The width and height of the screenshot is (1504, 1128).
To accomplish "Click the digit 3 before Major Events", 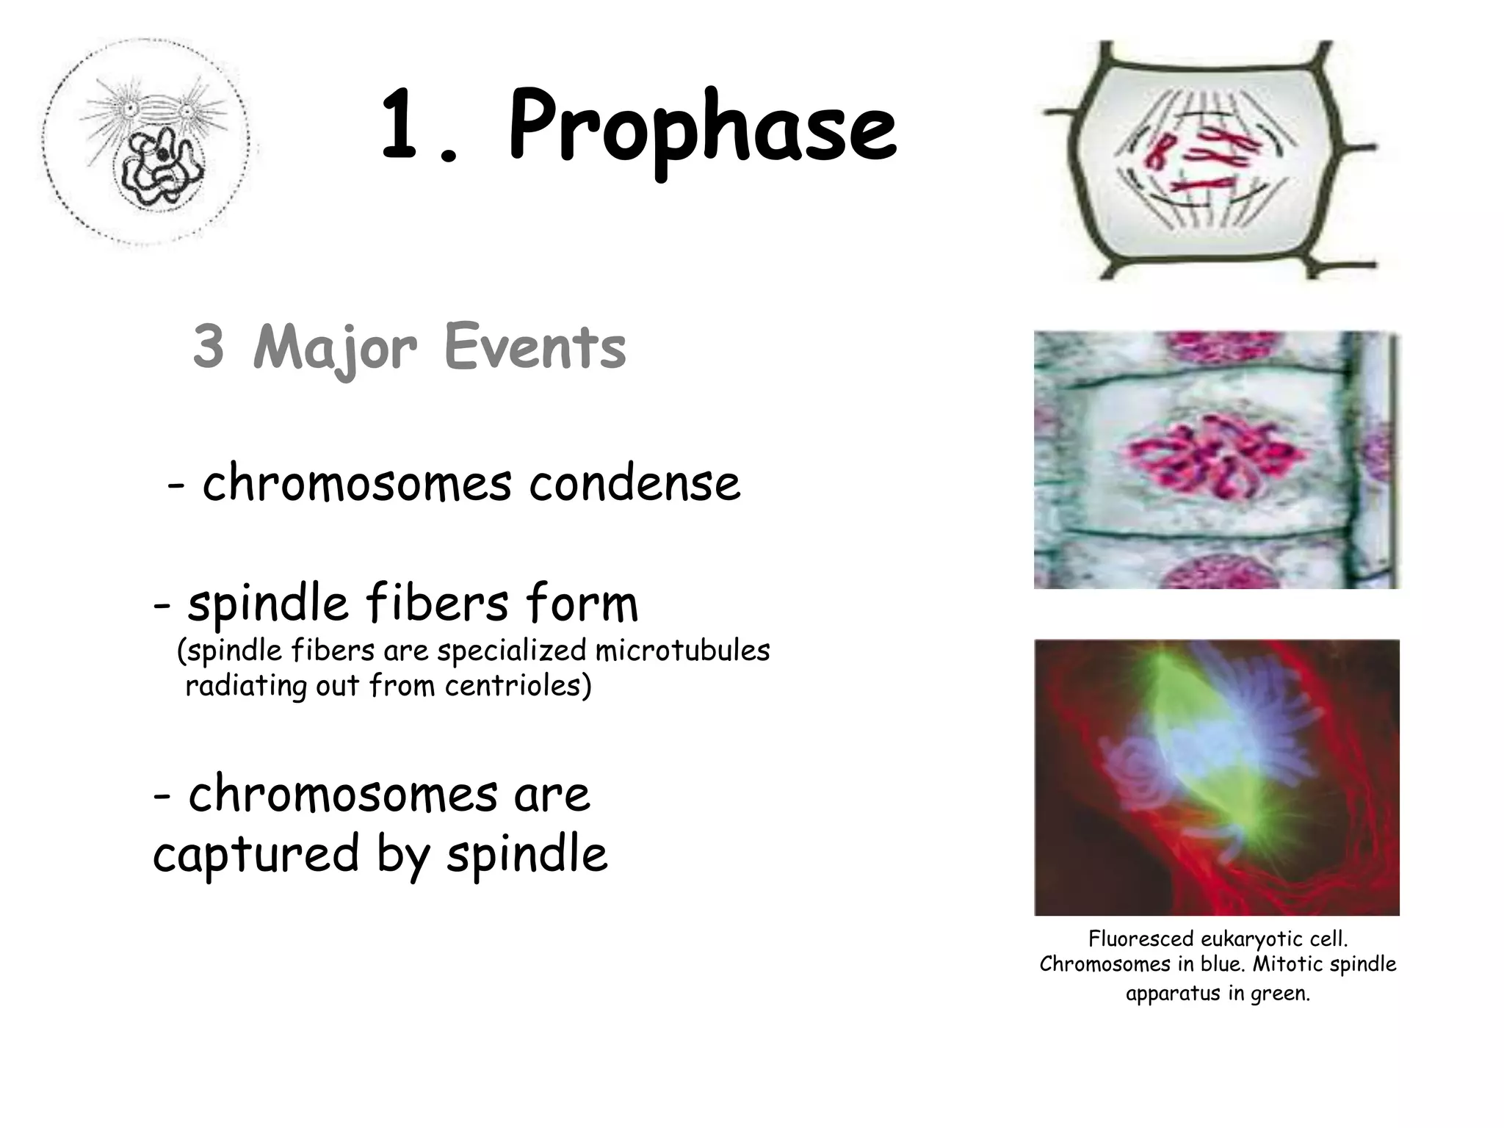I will pos(209,347).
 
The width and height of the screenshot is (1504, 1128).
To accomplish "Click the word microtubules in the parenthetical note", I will pos(682,651).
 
